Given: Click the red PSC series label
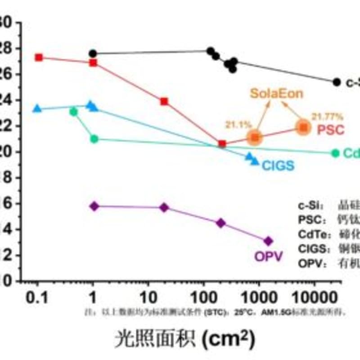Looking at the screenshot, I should pos(331,130).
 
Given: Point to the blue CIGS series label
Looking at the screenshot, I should pos(278,166).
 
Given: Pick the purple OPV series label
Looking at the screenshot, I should pos(269,256).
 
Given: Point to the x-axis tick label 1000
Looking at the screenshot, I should pos(259,297).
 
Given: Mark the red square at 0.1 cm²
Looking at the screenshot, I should pos(39,58).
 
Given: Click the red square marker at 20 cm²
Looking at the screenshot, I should pos(164,102).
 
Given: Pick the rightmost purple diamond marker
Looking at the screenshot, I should pos(268,241).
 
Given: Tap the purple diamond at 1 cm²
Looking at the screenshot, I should pos(94,206).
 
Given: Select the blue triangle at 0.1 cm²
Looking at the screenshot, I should pos(37,108).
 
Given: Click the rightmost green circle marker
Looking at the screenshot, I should pos(335,153).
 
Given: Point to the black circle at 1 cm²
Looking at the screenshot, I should pos(93,54).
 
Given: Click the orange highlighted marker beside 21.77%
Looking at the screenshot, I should pos(303,128).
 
